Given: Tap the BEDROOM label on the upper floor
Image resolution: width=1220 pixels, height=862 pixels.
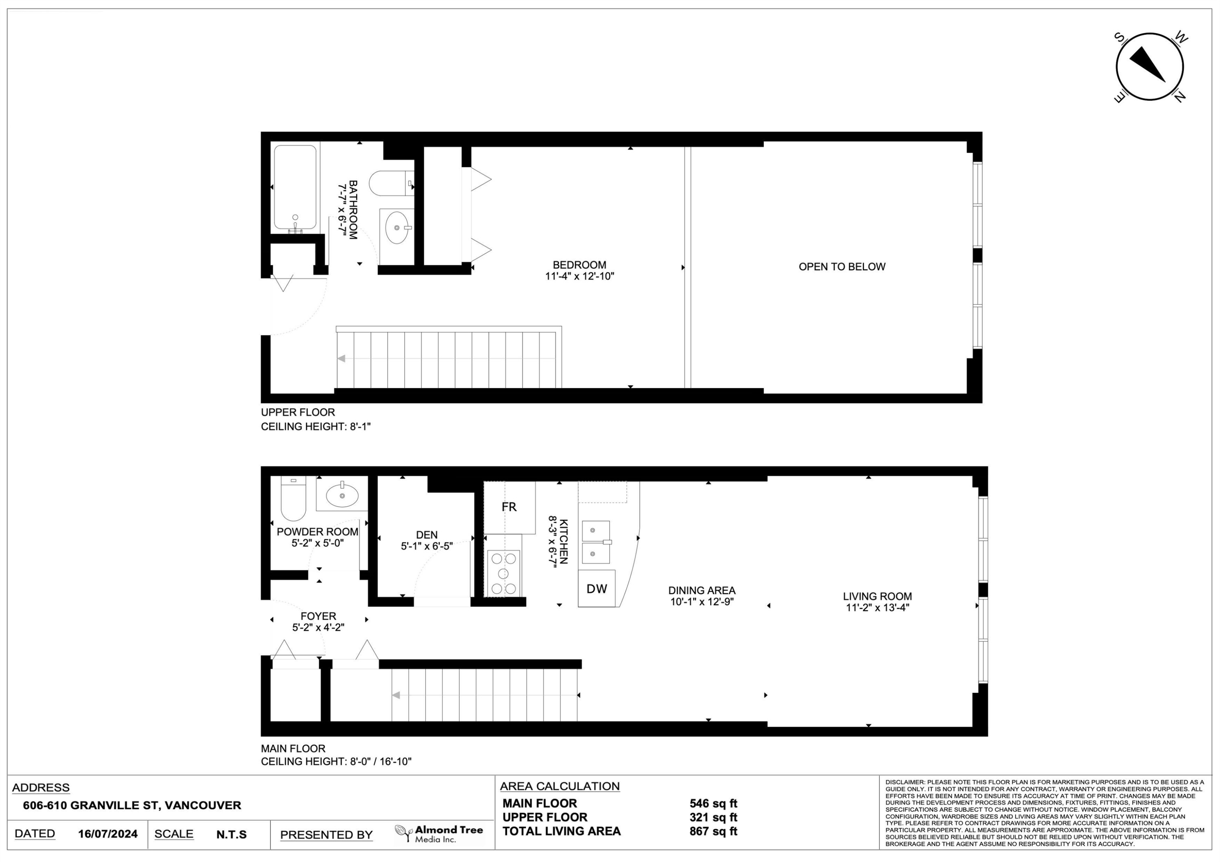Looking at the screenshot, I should coord(579,265).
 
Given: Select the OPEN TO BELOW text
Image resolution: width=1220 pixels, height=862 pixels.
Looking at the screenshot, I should coord(842,267).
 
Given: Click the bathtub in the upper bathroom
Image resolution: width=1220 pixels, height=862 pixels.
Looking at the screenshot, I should coord(295,187).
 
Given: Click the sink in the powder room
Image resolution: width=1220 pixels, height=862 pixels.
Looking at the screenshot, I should coord(342,495).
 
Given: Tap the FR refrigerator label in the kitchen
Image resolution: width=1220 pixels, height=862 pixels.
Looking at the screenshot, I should coord(508,507).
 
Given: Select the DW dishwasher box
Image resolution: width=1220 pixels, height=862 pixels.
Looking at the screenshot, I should coord(596,588).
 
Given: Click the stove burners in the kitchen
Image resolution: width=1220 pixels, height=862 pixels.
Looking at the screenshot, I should coord(503,573).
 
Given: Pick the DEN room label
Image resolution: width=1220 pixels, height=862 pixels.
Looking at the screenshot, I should coord(427,535).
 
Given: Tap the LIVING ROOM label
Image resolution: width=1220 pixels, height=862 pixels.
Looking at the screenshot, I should coord(877,597).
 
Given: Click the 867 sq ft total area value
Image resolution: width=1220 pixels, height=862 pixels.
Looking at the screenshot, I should coord(713,831).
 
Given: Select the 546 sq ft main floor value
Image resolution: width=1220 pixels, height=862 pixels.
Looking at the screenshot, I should coord(713,803).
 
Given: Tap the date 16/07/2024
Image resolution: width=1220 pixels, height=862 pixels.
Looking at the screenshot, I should coord(107,834).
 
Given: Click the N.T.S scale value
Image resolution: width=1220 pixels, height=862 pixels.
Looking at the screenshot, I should coord(231,834).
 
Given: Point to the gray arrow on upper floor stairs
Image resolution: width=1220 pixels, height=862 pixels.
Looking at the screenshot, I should coord(341,358).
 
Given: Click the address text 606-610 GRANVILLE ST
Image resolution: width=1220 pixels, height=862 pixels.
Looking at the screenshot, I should coord(132,805).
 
